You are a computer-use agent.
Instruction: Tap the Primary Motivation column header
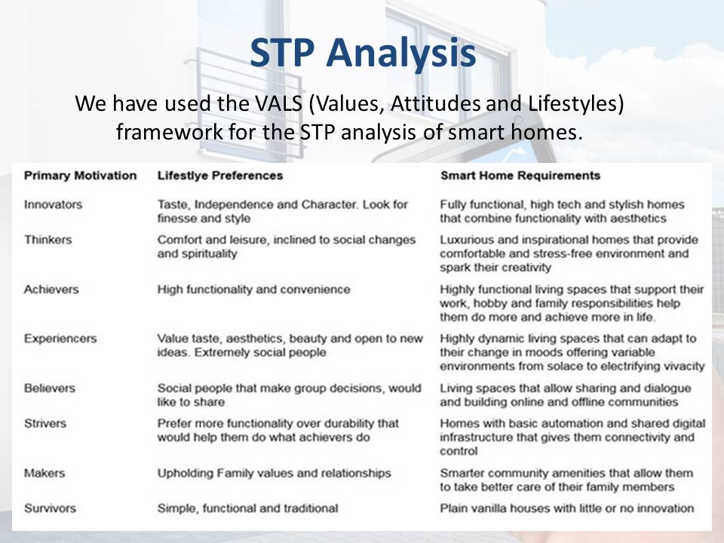coord(81,176)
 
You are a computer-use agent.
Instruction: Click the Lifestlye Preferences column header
coord(219,176)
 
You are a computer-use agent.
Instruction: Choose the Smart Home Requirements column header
coord(520,176)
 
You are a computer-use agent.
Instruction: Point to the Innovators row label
coord(53,204)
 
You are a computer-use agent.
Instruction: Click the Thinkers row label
coord(48,240)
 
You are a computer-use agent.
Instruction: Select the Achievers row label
coord(51,290)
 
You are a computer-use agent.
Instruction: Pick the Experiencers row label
coord(60,339)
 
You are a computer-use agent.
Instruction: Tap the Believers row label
coord(50,388)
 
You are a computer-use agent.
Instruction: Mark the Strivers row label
coord(45,423)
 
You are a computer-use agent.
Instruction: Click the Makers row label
coord(44,474)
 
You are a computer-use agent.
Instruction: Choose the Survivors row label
coord(50,508)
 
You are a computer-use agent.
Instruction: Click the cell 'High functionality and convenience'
coord(253,290)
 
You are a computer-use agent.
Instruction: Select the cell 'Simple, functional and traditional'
coord(247,508)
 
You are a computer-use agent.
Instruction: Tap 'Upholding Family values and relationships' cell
coord(275,474)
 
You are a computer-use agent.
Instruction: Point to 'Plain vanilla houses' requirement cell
coord(567,508)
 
